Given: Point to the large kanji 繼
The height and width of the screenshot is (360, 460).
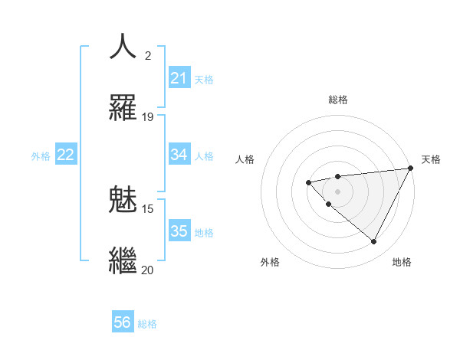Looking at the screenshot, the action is point(123,260).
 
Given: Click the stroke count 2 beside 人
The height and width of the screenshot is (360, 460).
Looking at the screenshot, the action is point(148,56).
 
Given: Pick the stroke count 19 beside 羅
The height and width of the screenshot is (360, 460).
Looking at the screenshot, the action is point(148,117).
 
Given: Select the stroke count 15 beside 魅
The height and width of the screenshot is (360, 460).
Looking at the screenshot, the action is point(148,209).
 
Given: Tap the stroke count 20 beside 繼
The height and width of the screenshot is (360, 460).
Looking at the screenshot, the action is point(148,270).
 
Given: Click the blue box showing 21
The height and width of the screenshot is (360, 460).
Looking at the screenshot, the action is point(179,78).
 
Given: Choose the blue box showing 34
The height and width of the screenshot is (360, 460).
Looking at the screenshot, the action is point(179,155).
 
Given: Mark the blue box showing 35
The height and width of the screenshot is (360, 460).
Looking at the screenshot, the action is point(179,231).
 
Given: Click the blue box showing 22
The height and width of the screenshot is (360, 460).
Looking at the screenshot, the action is point(66,155).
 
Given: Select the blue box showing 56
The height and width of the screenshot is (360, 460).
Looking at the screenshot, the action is point(123,322).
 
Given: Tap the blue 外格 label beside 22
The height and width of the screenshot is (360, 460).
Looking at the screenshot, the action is point(41,155).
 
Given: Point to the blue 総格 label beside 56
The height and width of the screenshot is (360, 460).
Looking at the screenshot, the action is point(147,324).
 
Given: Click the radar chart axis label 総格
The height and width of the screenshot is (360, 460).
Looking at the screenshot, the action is point(338,100).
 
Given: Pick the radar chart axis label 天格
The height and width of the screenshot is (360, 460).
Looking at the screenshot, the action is point(432,159).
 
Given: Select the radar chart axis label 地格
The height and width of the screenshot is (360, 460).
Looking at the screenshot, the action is point(402,262).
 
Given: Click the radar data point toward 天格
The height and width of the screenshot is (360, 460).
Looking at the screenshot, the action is point(410,168).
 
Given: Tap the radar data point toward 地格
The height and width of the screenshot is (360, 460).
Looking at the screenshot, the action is point(374,242).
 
